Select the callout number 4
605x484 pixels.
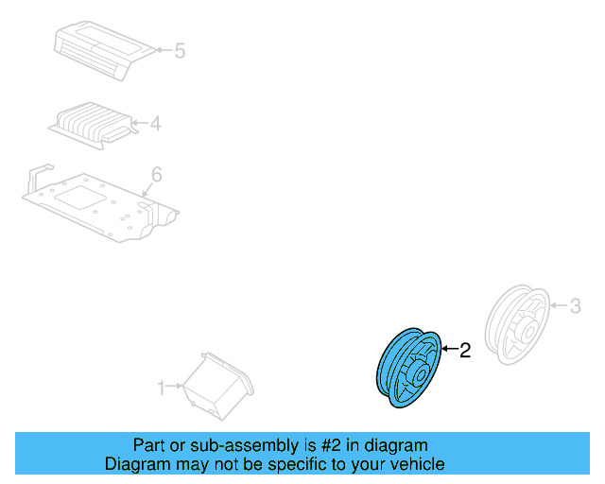155,122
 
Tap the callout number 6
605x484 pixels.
157,174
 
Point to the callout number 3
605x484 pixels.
574,305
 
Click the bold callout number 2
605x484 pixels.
464,352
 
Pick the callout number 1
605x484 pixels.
161,387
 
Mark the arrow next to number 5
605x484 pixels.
163,49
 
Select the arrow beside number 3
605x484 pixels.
557,305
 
